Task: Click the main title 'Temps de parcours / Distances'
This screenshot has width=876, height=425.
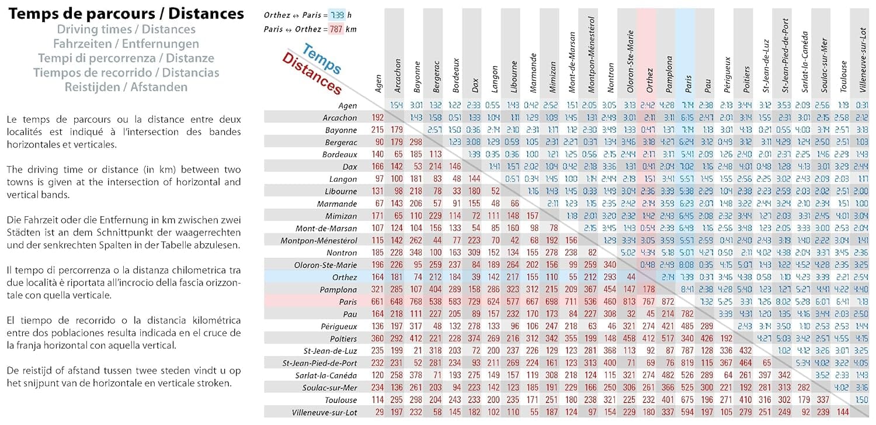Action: click(x=126, y=14)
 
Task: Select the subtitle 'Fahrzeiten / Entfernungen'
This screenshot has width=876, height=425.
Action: click(x=126, y=44)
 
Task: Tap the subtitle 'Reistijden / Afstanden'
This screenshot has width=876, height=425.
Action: click(x=126, y=87)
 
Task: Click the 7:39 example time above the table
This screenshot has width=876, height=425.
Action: click(x=336, y=15)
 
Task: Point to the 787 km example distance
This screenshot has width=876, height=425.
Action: click(x=334, y=29)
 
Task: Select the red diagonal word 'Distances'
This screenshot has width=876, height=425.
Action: click(x=311, y=74)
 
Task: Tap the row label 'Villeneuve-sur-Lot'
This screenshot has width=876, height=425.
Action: click(x=324, y=412)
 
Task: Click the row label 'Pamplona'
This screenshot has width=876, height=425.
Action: click(x=339, y=289)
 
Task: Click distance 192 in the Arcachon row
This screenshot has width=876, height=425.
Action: click(x=378, y=118)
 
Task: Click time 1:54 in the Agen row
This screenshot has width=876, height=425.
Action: click(x=397, y=105)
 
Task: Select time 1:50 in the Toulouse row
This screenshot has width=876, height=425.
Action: click(x=861, y=400)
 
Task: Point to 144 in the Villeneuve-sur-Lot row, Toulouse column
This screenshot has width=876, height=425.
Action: click(x=842, y=412)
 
